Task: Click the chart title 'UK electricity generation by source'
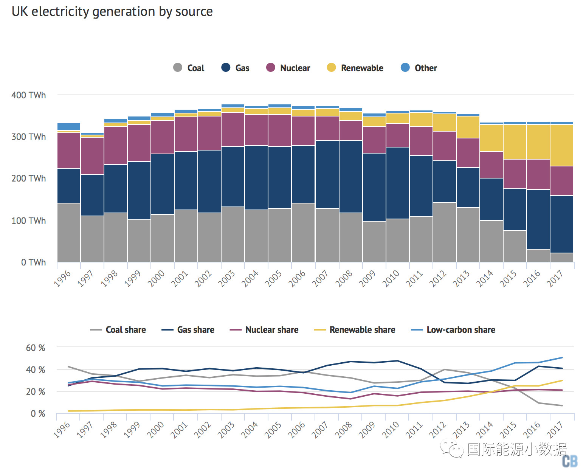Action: [x=112, y=12]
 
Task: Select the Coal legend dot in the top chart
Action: [x=178, y=68]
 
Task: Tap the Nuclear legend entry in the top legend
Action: [x=288, y=68]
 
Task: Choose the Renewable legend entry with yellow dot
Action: [x=355, y=68]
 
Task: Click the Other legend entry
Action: [x=419, y=68]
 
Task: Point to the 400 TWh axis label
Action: [x=29, y=95]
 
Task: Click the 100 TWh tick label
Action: [x=29, y=220]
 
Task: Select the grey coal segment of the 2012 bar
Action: [x=445, y=232]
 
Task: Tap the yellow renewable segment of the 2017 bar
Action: [x=562, y=145]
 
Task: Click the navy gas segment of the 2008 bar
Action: [x=351, y=176]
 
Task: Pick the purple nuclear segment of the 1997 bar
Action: [x=92, y=155]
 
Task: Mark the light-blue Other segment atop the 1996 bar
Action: [x=69, y=127]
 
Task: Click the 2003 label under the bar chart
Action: [x=227, y=278]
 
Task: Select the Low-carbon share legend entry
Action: [x=453, y=330]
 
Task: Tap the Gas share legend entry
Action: [x=188, y=330]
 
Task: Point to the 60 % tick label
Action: [x=36, y=348]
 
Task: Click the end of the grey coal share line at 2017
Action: [x=562, y=405]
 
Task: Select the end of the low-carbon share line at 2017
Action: [x=562, y=357]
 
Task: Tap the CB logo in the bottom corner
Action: [x=570, y=461]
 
